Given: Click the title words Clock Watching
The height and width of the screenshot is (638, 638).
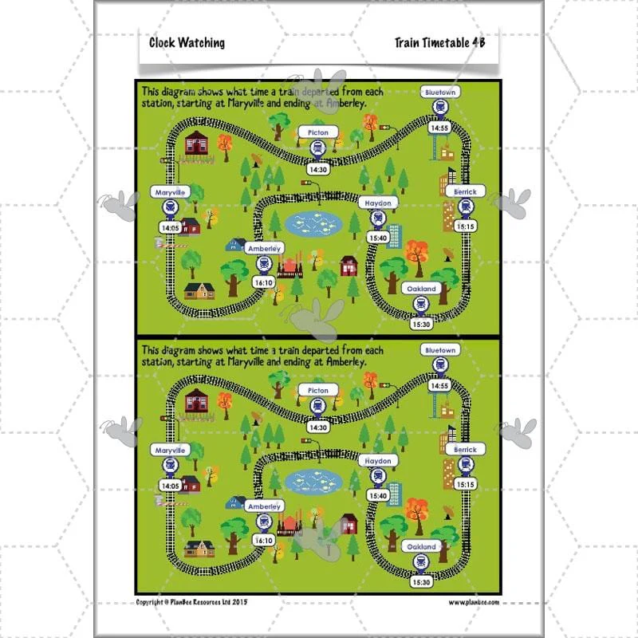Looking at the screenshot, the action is [187, 43].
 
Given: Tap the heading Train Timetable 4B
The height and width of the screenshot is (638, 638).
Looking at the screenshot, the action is [440, 42].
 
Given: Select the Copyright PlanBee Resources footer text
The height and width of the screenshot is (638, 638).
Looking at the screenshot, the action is [191, 602].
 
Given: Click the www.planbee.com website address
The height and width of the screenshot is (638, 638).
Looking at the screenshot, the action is [474, 602].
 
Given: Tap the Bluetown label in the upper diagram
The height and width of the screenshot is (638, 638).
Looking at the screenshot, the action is [440, 93].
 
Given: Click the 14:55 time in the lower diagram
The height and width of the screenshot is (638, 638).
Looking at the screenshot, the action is [439, 386].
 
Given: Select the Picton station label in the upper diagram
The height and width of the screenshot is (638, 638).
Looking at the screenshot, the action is [317, 132].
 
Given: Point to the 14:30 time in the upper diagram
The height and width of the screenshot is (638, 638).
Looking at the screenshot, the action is [318, 170].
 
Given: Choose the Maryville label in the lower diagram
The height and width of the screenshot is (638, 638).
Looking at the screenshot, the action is [170, 450].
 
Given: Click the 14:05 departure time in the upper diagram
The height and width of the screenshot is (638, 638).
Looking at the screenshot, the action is [171, 228].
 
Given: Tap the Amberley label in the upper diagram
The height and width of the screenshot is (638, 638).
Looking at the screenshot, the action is [265, 249].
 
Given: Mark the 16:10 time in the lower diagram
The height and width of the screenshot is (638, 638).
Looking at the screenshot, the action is [264, 541].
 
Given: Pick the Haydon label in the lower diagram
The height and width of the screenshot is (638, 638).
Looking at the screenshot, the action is [378, 461].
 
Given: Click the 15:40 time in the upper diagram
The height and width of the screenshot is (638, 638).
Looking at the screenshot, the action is [378, 238].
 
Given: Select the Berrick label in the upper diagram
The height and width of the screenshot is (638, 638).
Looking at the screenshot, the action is [465, 191].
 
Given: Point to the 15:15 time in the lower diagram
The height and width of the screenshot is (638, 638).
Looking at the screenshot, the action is [466, 484].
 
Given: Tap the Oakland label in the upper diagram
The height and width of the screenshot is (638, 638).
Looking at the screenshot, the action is [421, 289].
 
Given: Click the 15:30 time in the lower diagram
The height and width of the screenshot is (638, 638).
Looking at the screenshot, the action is [421, 582].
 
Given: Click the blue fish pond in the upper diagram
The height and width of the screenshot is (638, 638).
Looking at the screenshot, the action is [313, 224].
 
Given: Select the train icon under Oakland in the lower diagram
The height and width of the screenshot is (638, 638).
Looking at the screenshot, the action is [421, 562].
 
